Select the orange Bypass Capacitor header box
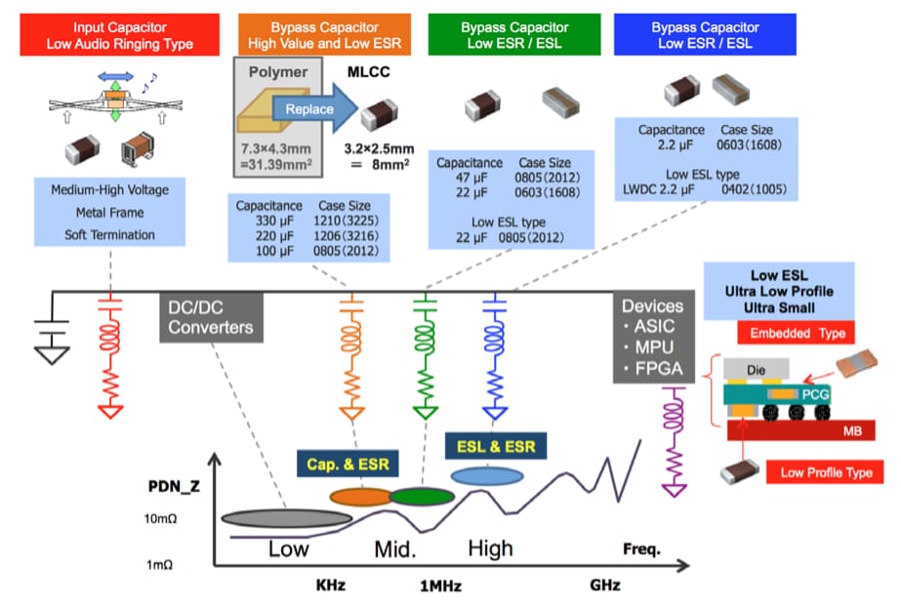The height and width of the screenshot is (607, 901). [323, 36]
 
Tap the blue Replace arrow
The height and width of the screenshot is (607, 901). [311, 108]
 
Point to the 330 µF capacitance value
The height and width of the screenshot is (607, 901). [255, 222]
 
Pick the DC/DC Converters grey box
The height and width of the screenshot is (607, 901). [210, 317]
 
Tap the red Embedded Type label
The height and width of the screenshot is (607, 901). [797, 334]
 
